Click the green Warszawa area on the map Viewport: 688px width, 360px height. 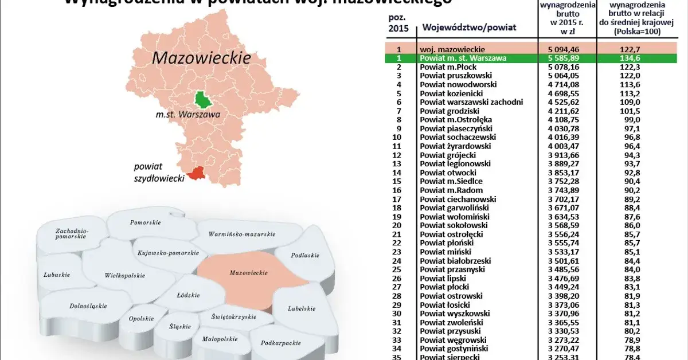point(203,99)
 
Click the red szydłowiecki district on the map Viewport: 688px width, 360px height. point(197,173)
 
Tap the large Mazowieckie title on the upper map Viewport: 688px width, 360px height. point(201,58)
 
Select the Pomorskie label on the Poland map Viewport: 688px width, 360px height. point(145,222)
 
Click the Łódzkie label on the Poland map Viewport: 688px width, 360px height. point(189,295)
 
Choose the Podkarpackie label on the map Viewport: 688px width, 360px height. point(281,343)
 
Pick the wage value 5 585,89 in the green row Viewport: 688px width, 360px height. point(565,58)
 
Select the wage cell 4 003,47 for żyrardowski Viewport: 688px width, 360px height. point(565,146)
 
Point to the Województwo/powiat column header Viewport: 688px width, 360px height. point(469,27)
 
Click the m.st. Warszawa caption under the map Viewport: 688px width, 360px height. point(187,114)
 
